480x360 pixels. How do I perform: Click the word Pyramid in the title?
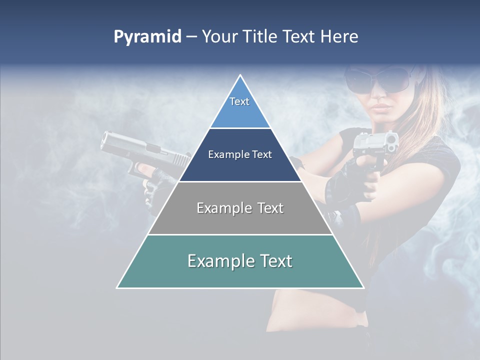[147, 37]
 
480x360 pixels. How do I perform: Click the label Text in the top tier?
[239, 101]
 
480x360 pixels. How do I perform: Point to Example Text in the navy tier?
[240, 154]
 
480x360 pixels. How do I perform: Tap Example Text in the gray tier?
[240, 207]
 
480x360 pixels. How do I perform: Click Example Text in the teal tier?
[240, 261]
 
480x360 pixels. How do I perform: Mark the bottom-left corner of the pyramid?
[117, 287]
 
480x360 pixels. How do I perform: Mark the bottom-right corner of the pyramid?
[363, 287]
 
